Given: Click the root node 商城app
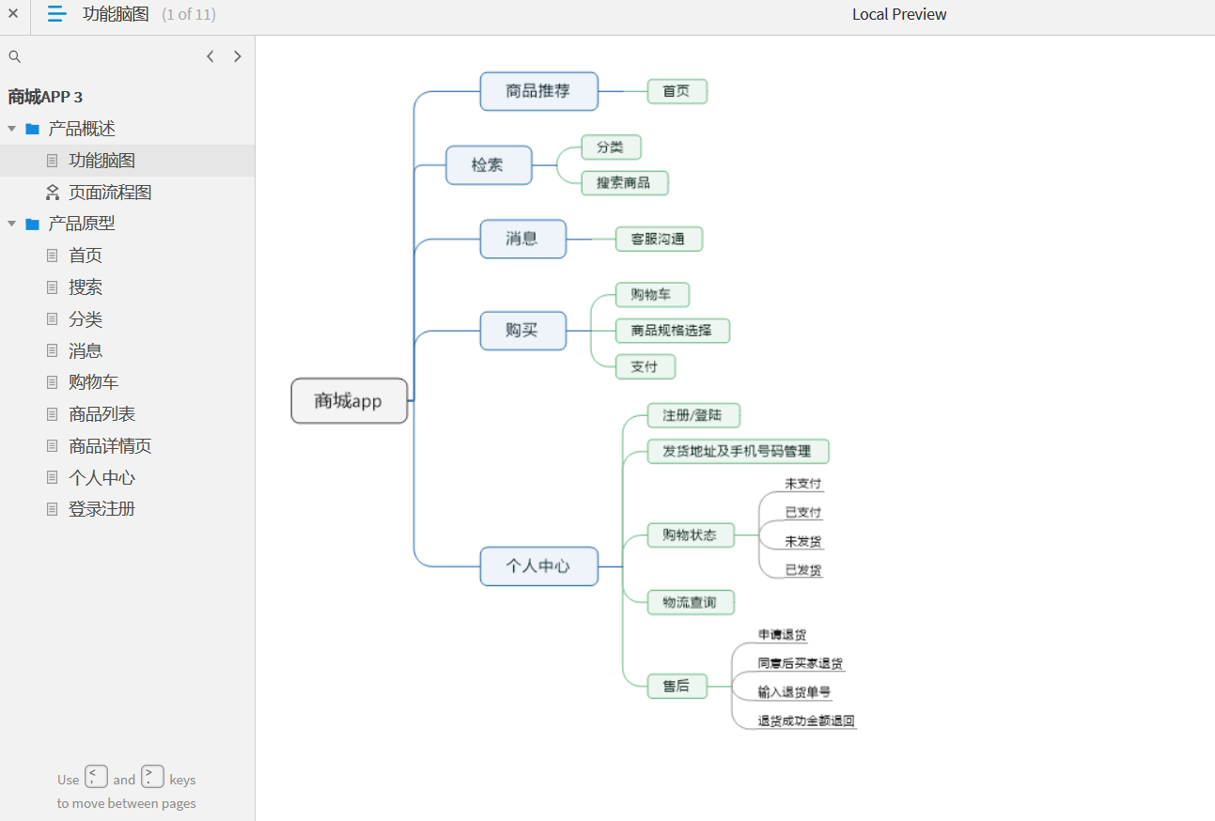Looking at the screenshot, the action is pos(349,401).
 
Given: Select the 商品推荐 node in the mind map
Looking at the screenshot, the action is pos(538,91).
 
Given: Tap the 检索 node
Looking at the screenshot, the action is pos(489,164).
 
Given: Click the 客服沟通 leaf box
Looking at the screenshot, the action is pos(659,240).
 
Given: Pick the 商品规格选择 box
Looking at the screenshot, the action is pos(672,331).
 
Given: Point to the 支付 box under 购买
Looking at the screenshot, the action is pos(645,367).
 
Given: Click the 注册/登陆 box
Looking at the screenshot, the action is pos(693,416).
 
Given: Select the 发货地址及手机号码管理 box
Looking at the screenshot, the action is pos(738,451).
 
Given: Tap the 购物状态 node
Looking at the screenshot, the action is pos(691,535).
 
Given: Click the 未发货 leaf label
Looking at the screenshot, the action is pos(802,541).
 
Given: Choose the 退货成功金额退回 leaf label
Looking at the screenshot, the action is pos(806,720).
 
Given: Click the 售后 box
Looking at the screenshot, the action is pos(677,687).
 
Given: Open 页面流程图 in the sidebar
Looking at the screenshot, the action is pos(110,193).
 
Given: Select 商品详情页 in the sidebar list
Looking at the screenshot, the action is pos(110,446).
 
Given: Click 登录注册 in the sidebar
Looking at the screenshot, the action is pos(101,509).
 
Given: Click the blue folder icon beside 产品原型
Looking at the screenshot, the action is pos(33,224).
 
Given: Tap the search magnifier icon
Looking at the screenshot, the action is pos(15,56).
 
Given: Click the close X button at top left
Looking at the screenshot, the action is pos(13,13).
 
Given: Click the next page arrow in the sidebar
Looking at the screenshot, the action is pos(238,56).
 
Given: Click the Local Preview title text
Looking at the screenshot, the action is pos(899,14).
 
